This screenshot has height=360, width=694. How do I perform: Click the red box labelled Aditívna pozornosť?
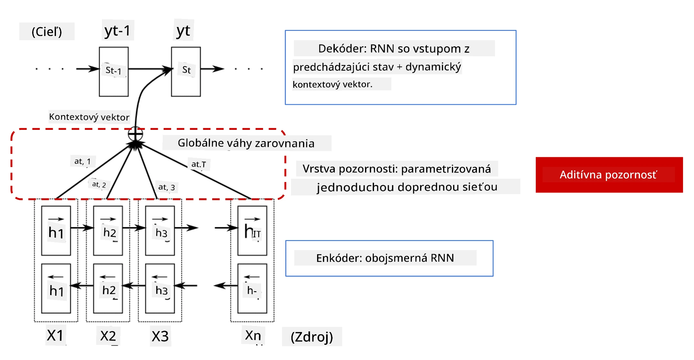pyautogui.click(x=609, y=175)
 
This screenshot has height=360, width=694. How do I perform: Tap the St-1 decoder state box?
pyautogui.click(x=114, y=72)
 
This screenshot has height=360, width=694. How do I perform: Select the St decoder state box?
pyautogui.click(x=186, y=72)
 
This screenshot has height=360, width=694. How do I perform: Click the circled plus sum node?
pyautogui.click(x=135, y=134)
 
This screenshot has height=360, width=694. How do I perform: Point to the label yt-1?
pyautogui.click(x=118, y=31)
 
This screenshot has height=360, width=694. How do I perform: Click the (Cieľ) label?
pyautogui.click(x=47, y=32)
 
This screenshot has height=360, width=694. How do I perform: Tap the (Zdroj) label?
pyautogui.click(x=312, y=337)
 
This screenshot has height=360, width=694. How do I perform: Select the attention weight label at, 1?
pyautogui.click(x=83, y=161)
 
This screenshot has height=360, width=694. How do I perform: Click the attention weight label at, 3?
pyautogui.click(x=167, y=187)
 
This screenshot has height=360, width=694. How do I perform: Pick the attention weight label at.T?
pyautogui.click(x=199, y=164)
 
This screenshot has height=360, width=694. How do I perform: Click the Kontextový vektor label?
pyautogui.click(x=89, y=117)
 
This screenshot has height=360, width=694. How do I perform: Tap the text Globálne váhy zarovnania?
pyautogui.click(x=246, y=143)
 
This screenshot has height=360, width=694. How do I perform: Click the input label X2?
pyautogui.click(x=108, y=336)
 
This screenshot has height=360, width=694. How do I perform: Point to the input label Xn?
pyautogui.click(x=253, y=335)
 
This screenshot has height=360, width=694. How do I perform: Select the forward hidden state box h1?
pyautogui.click(x=56, y=230)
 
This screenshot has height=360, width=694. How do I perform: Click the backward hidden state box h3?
pyautogui.click(x=160, y=288)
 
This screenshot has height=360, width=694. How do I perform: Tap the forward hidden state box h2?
pyautogui.click(x=108, y=230)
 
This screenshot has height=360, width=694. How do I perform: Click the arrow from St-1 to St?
pyautogui.click(x=150, y=69)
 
